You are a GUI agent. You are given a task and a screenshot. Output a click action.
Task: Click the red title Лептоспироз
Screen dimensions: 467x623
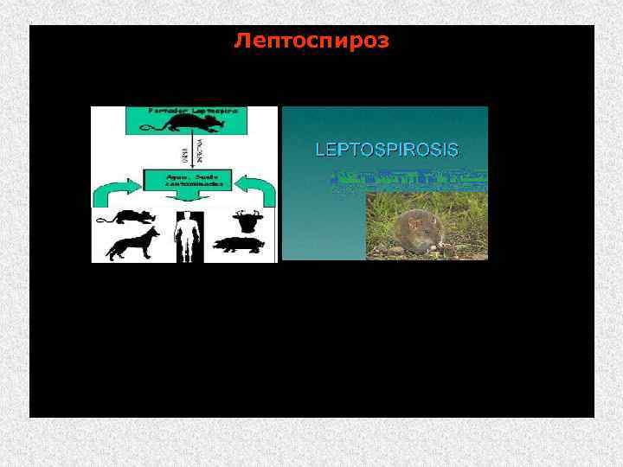(x=311, y=41)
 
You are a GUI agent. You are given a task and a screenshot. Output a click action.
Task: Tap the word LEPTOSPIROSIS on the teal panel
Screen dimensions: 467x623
(x=386, y=149)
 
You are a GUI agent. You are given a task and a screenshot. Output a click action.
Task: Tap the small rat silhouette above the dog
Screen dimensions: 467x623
(x=123, y=216)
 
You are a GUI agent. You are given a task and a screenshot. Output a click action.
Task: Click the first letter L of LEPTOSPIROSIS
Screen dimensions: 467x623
(x=319, y=149)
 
